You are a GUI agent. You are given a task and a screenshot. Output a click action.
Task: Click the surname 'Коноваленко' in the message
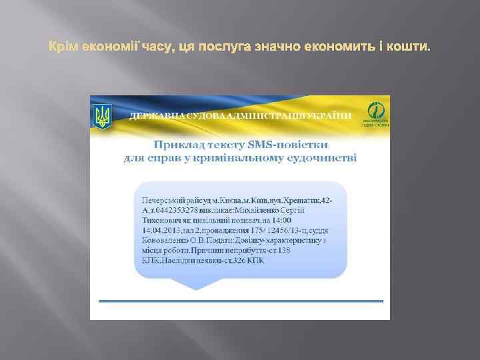point(161,240)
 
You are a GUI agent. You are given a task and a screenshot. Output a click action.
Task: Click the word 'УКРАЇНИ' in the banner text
point(331,115)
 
